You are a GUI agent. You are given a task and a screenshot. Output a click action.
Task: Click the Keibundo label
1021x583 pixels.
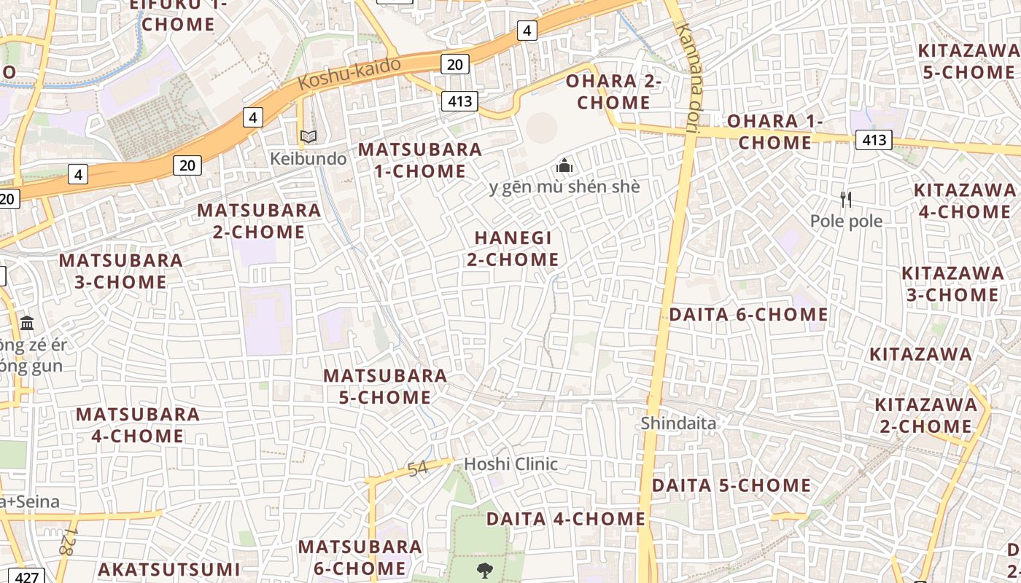pos(308,158)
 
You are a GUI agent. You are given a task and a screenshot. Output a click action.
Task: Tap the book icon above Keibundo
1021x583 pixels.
pos(308,136)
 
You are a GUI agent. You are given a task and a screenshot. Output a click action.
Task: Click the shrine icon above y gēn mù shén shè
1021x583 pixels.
pos(564,165)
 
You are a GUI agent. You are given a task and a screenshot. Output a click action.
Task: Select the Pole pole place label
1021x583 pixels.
pos(846,221)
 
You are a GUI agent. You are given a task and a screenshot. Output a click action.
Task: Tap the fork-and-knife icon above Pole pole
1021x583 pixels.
pos(846,199)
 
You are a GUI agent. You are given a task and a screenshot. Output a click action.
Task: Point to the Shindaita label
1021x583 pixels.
pos(678,423)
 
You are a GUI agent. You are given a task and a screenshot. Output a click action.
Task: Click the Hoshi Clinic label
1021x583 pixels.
pos(510,463)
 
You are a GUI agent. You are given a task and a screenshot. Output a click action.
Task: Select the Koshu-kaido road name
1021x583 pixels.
pos(350,74)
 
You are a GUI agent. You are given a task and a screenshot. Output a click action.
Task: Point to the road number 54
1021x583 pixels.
pos(418,469)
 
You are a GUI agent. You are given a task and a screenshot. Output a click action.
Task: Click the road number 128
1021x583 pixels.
pos(67,541)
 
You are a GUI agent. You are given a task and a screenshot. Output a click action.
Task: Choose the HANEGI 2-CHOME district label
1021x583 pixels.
pos(513,249)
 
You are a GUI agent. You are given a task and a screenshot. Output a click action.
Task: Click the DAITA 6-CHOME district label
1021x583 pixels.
pos(748,314)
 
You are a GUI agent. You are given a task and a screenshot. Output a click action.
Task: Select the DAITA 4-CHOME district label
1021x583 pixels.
pos(565,518)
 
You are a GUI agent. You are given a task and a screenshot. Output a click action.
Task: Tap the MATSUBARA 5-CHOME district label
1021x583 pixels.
pos(385,386)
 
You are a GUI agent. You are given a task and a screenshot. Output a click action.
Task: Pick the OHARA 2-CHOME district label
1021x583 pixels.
pos(613,91)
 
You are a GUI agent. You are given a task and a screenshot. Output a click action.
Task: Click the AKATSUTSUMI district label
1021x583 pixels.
pos(168,569)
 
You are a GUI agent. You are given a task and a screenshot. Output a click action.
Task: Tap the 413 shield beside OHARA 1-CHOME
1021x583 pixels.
pos(874,139)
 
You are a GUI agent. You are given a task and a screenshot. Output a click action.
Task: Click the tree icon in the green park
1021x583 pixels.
pos(484,569)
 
